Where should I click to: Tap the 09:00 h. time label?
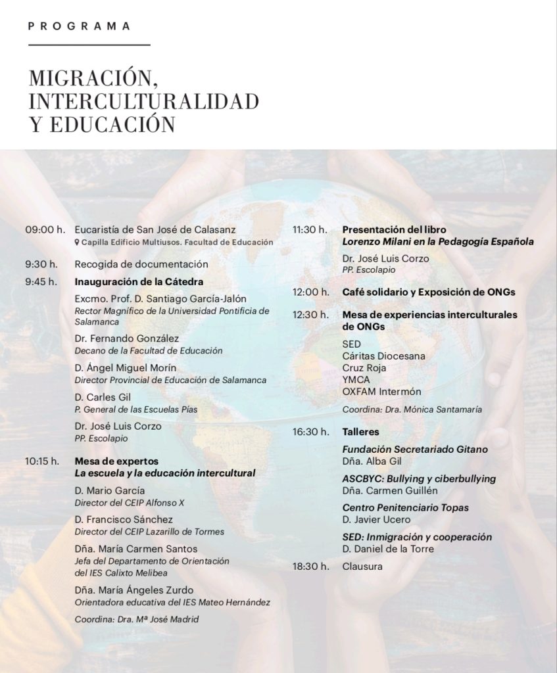pos(45,229)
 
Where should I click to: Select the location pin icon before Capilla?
pos(78,242)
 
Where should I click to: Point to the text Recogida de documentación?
pos(141,264)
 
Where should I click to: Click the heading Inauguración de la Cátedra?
pos(139,282)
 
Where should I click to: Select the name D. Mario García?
pos(110,490)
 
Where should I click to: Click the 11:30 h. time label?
pos(310,229)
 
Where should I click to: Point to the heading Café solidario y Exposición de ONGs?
pos(429,291)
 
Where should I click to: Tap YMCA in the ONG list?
pos(356,380)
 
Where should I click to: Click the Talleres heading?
pos(360,432)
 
